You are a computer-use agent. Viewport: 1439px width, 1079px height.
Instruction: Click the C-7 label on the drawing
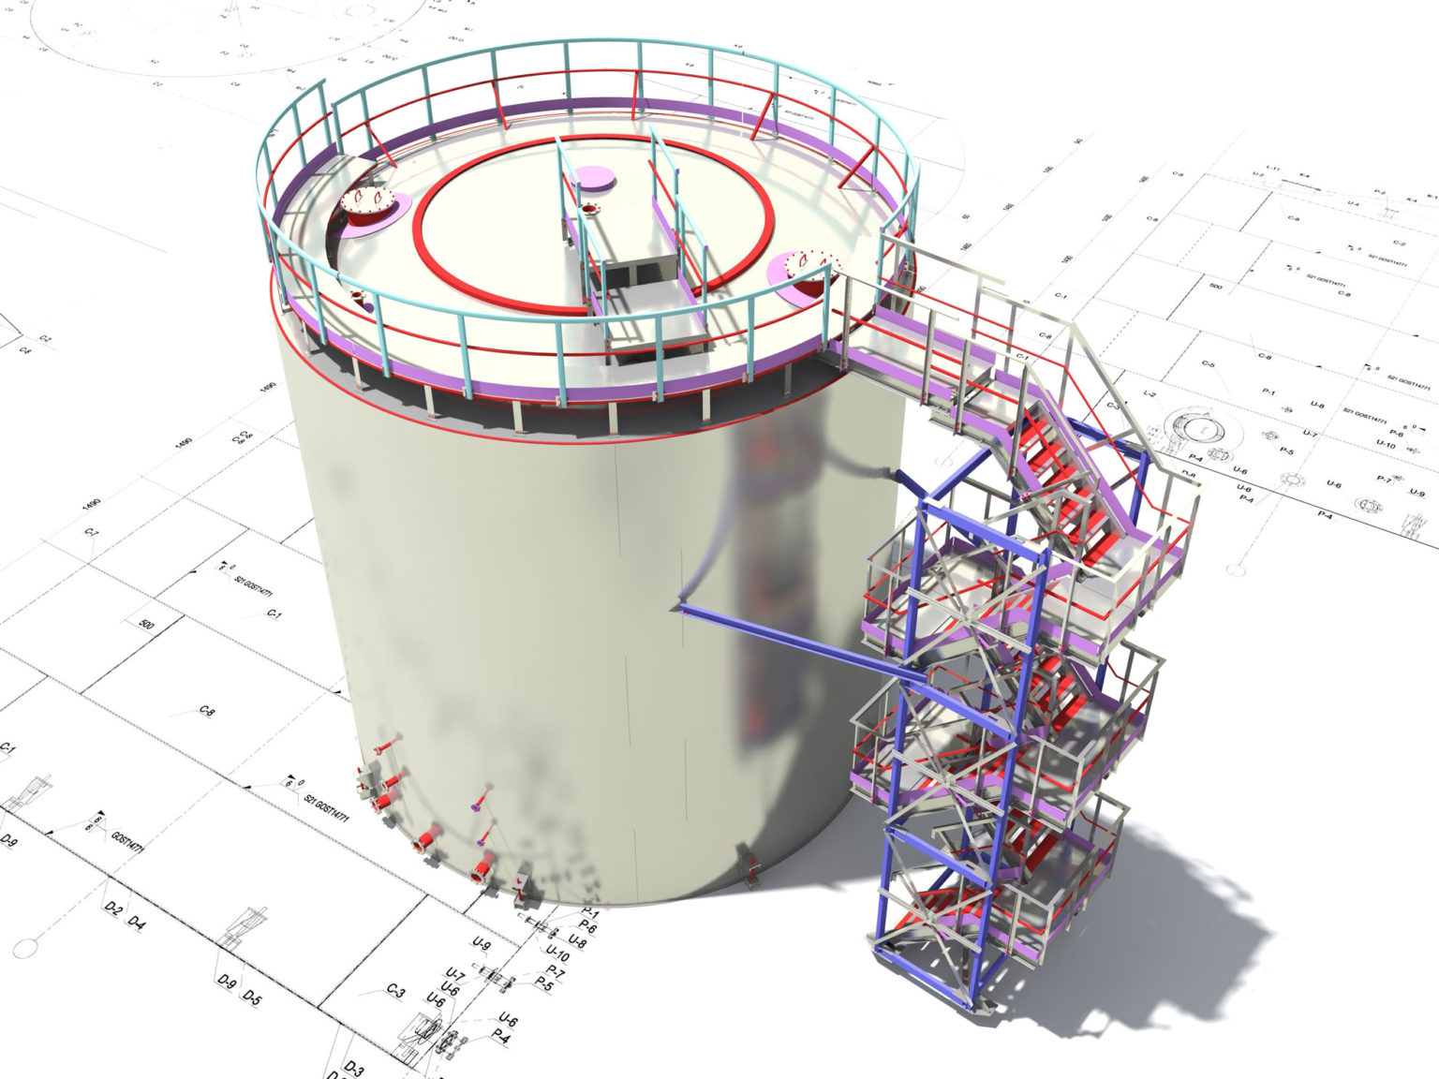(92, 533)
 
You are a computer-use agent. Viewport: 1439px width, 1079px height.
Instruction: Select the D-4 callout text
(137, 924)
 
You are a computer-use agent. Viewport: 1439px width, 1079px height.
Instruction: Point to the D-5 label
(252, 996)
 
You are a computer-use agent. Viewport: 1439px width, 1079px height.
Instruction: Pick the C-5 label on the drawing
(1209, 364)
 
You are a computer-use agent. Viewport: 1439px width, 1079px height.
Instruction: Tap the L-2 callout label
(1150, 396)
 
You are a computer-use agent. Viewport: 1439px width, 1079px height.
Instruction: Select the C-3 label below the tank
(395, 991)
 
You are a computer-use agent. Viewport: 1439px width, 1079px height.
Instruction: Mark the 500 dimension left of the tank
(145, 624)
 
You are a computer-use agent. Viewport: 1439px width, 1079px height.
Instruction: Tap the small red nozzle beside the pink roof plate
(588, 209)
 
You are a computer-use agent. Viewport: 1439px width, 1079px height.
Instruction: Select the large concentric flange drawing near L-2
(1198, 428)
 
